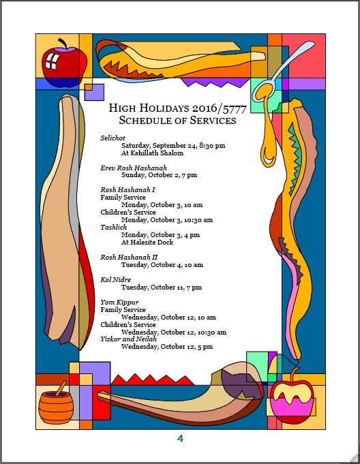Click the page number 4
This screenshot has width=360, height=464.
180,438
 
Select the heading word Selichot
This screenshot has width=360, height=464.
112,138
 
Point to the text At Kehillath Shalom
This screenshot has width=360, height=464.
152,153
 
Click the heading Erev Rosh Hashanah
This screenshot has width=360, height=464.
134,168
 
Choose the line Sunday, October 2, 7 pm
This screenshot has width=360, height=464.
159,175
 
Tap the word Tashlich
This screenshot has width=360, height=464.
113,228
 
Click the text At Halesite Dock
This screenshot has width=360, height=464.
147,242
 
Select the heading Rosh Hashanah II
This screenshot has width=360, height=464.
129,257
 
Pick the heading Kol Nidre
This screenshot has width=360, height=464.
115,279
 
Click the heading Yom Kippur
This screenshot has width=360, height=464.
119,302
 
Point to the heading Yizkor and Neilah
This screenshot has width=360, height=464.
128,339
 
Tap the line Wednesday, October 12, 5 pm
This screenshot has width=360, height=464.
167,347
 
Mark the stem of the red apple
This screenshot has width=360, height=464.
63,43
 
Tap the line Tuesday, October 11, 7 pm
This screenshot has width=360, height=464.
162,288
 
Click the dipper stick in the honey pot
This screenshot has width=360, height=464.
61,388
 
